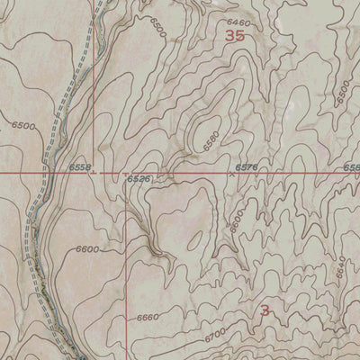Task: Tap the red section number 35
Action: coord(236,36)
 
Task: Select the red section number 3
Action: coord(265,310)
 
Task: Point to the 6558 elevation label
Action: coord(80,167)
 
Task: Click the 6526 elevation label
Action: coord(138,180)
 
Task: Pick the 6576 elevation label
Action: coord(246,167)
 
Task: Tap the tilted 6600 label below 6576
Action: coord(237,220)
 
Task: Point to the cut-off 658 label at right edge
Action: coord(352,167)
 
